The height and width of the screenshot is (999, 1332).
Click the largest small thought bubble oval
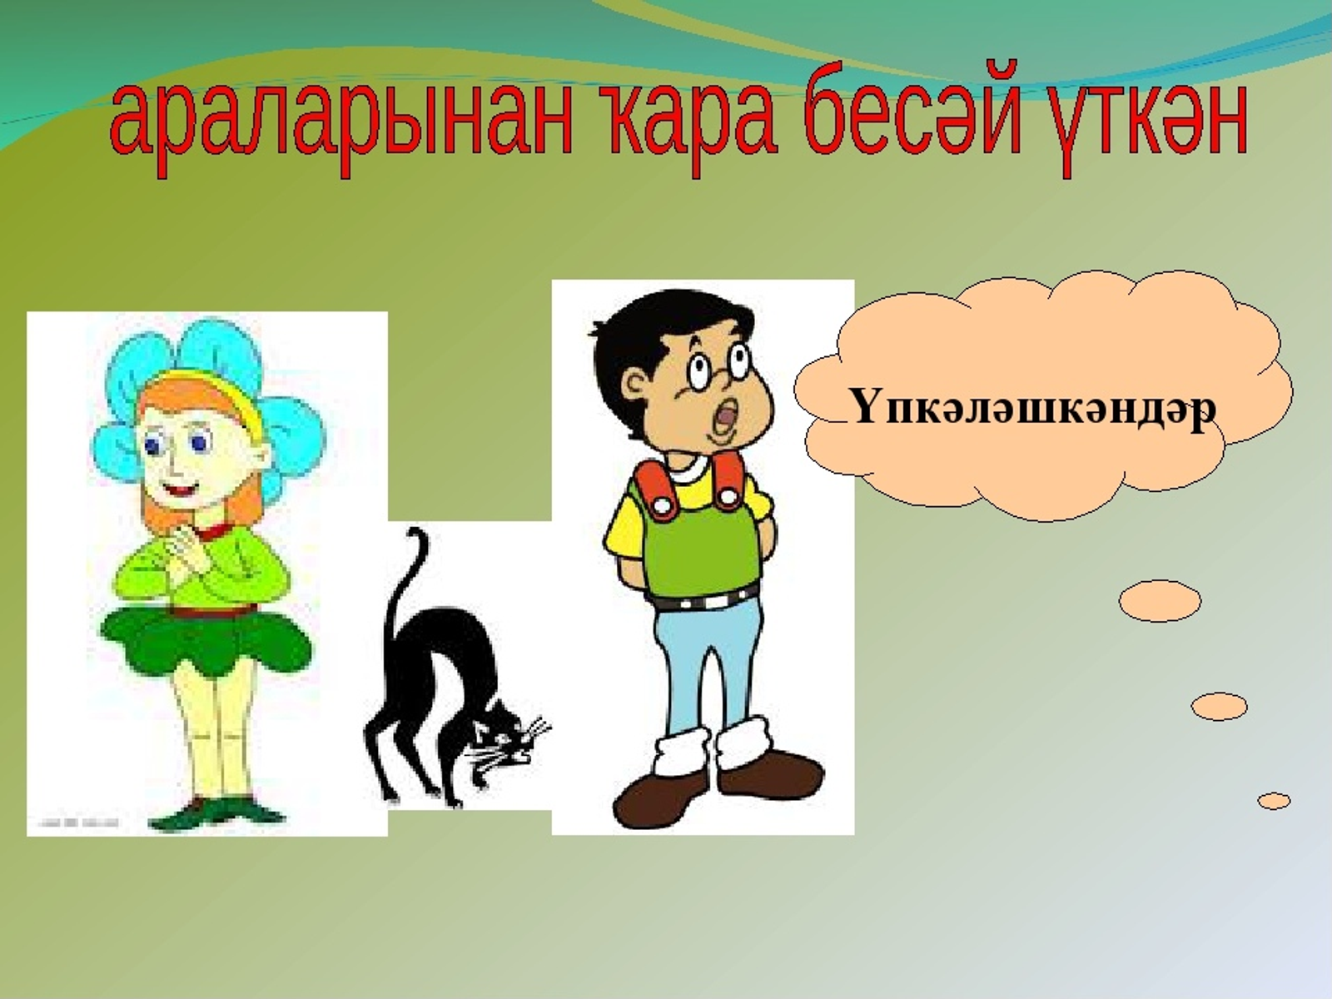pos(1160,601)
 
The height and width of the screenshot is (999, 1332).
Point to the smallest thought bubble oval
pos(1274,801)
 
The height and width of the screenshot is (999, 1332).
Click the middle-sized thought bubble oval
pos(1219,707)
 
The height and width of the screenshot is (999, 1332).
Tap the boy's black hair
pos(658,333)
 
